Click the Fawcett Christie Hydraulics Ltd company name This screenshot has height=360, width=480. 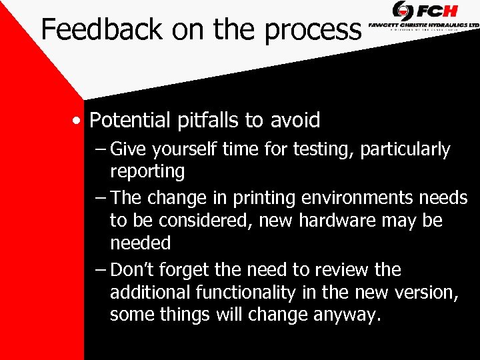tap(424, 25)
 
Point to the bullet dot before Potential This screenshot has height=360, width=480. tap(79, 121)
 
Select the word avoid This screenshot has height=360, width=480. tap(295, 121)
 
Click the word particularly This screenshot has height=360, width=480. tap(405, 150)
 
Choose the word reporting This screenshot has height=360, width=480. tap(147, 171)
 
